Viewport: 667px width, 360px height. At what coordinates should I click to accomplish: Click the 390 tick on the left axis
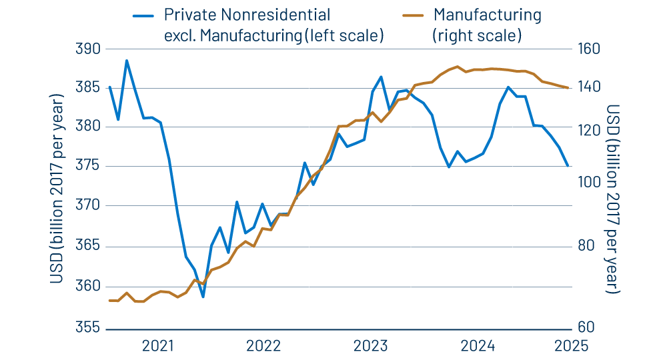pos(87,49)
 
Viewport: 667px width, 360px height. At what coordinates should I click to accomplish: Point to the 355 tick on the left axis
pos(87,328)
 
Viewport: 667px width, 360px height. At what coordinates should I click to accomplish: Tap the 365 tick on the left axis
pos(87,245)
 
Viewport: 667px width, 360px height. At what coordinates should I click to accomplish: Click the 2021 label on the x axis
pos(158,345)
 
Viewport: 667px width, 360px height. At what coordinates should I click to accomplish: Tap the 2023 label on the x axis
pos(370,345)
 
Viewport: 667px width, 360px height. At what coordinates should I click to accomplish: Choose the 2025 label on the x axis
pos(570,345)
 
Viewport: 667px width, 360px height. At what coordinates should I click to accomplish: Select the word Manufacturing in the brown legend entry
pos(487,15)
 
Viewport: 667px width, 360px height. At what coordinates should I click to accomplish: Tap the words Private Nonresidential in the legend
pos(247,15)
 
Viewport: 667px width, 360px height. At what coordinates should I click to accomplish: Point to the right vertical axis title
pos(613,199)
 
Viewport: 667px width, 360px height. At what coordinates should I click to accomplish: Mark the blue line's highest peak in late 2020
pos(127,61)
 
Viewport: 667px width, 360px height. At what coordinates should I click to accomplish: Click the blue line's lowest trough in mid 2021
pos(203,297)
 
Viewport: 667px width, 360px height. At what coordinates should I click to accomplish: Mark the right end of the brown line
pos(568,87)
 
